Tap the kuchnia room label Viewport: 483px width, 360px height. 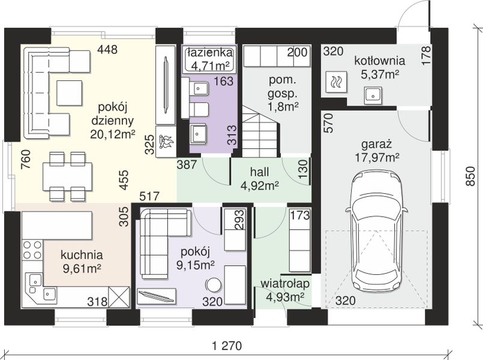point(82,255)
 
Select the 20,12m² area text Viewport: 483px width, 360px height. point(113,134)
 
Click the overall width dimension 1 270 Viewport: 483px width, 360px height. point(227,346)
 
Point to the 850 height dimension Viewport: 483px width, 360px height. point(470,176)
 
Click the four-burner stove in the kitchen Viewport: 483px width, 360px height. point(32,250)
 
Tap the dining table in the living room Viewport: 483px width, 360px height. point(67,176)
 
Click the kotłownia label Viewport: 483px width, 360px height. point(379,61)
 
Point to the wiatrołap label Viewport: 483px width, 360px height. point(285,284)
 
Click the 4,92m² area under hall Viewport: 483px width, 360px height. point(260,185)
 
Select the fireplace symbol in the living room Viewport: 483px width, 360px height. point(166,142)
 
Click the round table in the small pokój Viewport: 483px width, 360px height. point(213,285)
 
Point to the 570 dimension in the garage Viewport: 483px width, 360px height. point(329,123)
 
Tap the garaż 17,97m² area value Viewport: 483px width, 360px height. point(377,158)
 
